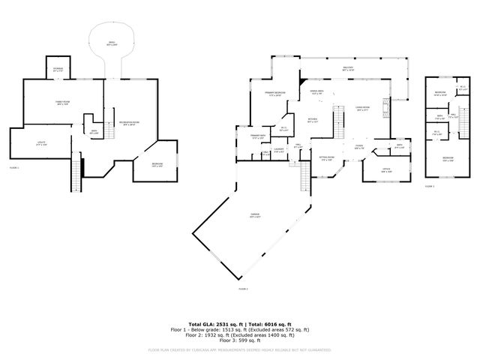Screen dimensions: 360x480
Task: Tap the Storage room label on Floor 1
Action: click(x=58, y=69)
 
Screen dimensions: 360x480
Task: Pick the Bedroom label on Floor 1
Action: click(x=148, y=166)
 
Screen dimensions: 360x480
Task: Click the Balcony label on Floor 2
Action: click(x=348, y=69)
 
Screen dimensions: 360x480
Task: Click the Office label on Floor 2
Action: click(x=386, y=172)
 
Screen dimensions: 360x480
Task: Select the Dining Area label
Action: click(x=316, y=91)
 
